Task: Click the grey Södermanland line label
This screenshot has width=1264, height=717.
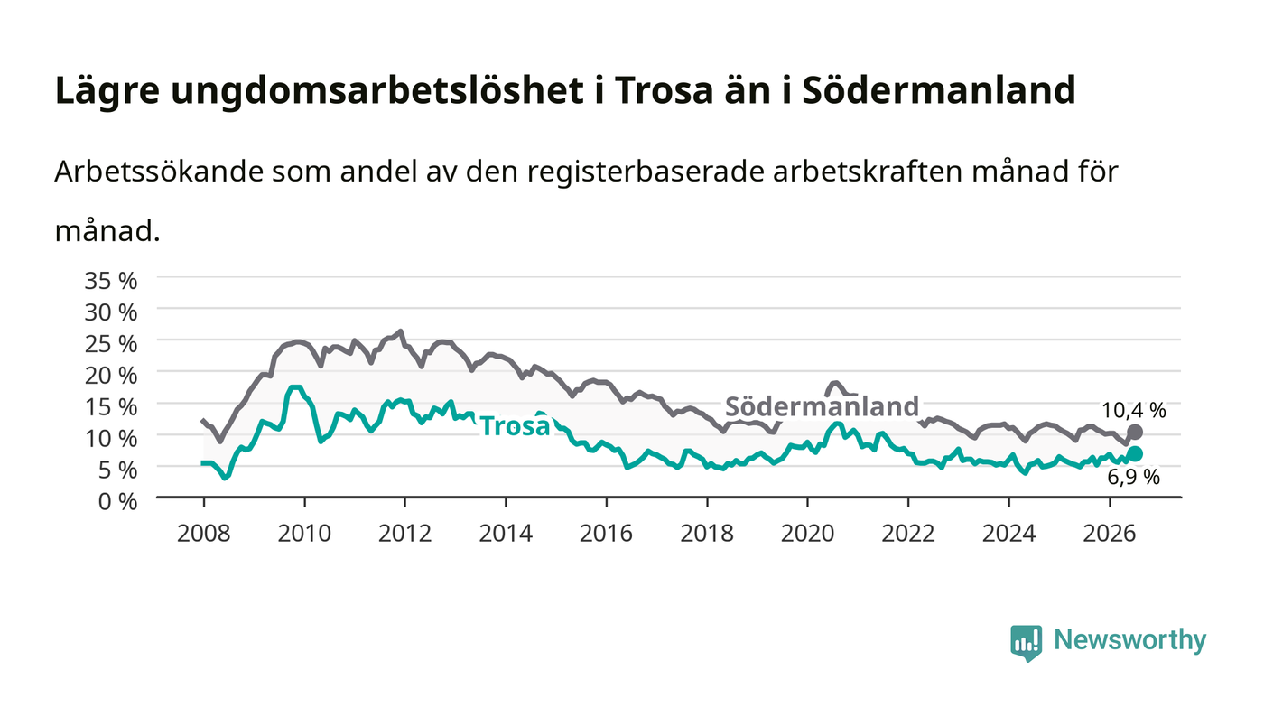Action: pyautogui.click(x=822, y=406)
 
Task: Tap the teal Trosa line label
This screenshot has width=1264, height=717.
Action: pyautogui.click(x=515, y=426)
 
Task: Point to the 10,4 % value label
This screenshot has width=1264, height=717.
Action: pyautogui.click(x=1134, y=411)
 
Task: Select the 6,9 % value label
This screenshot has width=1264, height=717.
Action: pyautogui.click(x=1133, y=478)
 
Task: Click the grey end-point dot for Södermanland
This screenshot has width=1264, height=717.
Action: pyautogui.click(x=1135, y=433)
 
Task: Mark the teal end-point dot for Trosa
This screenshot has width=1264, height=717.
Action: pyautogui.click(x=1135, y=454)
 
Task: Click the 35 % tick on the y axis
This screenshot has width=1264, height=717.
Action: pyautogui.click(x=110, y=281)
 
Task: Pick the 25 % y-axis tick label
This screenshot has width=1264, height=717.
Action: pyautogui.click(x=110, y=344)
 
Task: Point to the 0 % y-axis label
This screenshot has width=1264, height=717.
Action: pyautogui.click(x=117, y=501)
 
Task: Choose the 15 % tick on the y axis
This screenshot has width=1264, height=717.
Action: pyautogui.click(x=110, y=407)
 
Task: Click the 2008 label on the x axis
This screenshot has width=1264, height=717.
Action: pyautogui.click(x=204, y=534)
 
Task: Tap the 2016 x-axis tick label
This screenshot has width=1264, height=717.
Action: pyautogui.click(x=606, y=534)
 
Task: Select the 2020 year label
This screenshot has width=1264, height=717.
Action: pyautogui.click(x=807, y=534)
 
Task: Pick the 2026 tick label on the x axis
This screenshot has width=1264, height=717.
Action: pyautogui.click(x=1110, y=534)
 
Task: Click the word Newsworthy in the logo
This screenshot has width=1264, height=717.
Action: pyautogui.click(x=1130, y=640)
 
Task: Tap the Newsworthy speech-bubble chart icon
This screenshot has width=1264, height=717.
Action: pyautogui.click(x=1026, y=643)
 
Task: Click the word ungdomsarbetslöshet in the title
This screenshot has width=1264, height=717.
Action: pyautogui.click(x=377, y=91)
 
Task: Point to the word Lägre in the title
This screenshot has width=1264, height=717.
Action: pyautogui.click(x=107, y=91)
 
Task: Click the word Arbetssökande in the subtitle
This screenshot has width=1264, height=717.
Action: pyautogui.click(x=159, y=172)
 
